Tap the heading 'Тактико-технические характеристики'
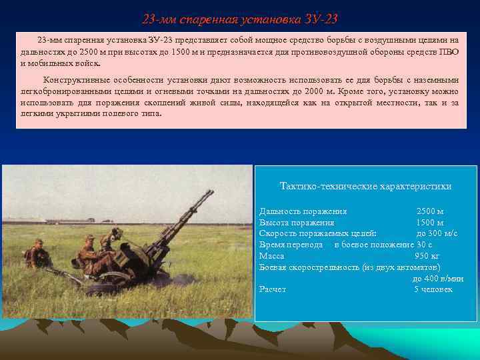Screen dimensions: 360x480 [x=365, y=186]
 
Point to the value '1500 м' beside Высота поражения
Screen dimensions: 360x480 [x=430, y=223]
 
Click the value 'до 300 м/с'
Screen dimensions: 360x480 [x=437, y=233]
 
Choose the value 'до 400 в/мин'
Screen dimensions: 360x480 [x=438, y=279]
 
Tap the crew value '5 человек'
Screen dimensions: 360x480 [x=433, y=289]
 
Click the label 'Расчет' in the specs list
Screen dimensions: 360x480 [x=273, y=289]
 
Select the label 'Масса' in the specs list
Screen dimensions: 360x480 [x=271, y=255]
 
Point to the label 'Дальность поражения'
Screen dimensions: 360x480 [x=303, y=211]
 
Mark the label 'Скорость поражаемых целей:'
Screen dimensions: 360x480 [x=317, y=233]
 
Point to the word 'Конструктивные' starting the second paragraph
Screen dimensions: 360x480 [x=75, y=79]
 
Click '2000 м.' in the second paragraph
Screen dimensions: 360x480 [x=320, y=91]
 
